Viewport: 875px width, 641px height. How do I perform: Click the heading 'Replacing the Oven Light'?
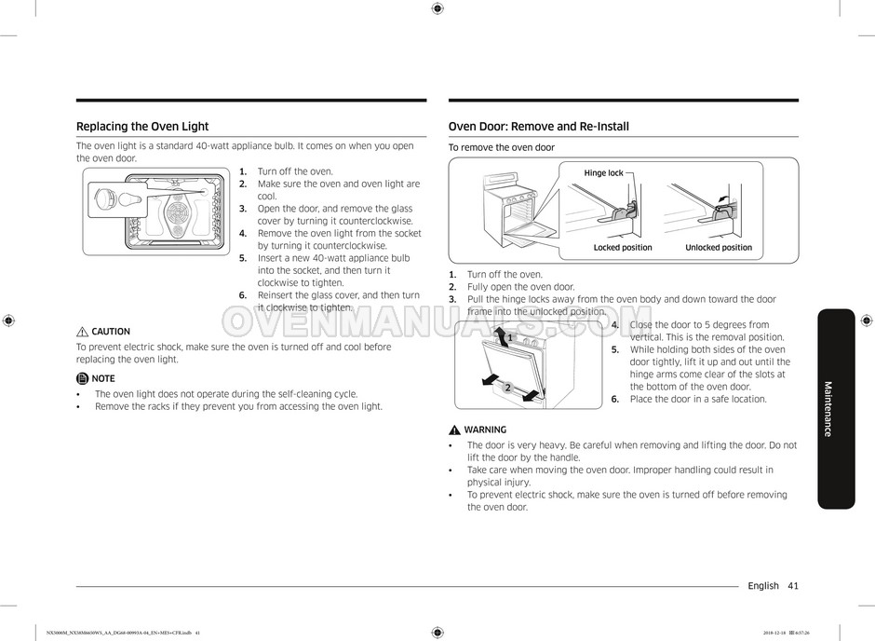click(142, 127)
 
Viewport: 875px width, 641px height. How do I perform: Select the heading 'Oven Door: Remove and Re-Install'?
click(539, 127)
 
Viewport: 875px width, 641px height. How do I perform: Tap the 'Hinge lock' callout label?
click(603, 173)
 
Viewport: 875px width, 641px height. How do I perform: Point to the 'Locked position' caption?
click(623, 248)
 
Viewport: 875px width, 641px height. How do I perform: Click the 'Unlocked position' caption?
click(719, 248)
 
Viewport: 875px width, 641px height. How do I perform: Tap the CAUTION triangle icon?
click(82, 332)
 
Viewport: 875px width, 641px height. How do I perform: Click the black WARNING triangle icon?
click(454, 430)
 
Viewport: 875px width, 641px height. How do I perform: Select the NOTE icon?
click(82, 378)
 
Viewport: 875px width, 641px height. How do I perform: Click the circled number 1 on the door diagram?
click(510, 337)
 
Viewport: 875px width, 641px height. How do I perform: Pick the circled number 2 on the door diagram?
click(507, 387)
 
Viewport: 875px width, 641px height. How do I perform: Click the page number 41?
click(792, 586)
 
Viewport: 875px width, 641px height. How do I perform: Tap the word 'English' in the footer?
click(762, 586)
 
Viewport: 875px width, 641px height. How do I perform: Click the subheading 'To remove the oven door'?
click(501, 148)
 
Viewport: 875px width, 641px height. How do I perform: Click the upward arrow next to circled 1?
click(501, 336)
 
